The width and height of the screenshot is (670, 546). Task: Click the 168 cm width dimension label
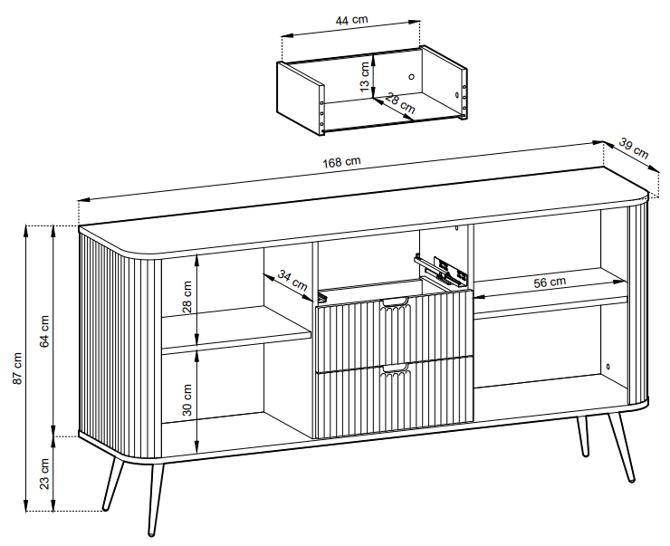341,162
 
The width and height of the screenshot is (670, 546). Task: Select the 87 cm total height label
17,369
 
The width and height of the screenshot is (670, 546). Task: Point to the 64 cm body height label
44,331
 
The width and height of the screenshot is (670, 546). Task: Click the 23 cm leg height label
44,474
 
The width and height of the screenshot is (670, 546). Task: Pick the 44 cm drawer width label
351,20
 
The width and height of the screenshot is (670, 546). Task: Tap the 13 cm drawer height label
365,76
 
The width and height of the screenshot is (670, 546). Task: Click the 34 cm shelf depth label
292,281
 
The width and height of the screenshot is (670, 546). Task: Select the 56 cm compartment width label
550,282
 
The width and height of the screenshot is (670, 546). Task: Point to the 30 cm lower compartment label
187,400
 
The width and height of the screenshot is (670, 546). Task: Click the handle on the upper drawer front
396,303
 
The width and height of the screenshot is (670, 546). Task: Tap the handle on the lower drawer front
396,369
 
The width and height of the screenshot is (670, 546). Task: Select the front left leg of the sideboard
156,499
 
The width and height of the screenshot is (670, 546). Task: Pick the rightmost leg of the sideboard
622,447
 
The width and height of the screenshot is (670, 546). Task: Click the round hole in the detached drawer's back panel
411,77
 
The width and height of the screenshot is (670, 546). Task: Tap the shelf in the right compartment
550,295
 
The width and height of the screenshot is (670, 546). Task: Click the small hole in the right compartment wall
608,367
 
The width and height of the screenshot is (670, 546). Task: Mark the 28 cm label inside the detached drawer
400,103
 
